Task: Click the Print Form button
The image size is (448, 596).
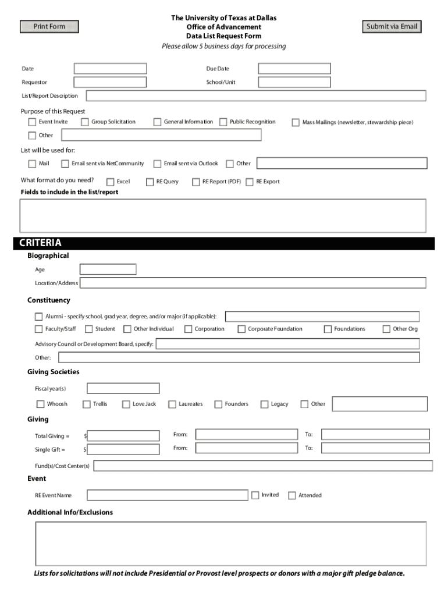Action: (49, 27)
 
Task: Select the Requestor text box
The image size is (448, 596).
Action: (110, 82)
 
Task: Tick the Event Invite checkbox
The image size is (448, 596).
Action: (32, 122)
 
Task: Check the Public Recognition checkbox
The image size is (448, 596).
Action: (223, 122)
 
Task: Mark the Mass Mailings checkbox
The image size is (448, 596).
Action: (296, 123)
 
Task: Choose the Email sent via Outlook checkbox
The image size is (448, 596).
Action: (157, 164)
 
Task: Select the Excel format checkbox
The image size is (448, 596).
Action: (111, 182)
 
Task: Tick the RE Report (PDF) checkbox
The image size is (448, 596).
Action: (195, 182)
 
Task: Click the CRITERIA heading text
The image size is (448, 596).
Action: (40, 243)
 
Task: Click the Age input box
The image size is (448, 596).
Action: (108, 269)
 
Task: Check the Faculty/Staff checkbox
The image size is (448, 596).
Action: (38, 329)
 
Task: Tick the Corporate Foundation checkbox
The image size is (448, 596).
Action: (241, 329)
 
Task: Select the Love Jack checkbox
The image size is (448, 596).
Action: (126, 405)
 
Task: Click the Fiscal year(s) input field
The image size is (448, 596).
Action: (123, 388)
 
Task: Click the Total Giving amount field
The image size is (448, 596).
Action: (123, 436)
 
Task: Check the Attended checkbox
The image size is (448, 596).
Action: (292, 496)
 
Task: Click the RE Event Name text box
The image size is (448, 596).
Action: (168, 495)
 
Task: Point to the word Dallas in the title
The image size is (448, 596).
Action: (265, 18)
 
